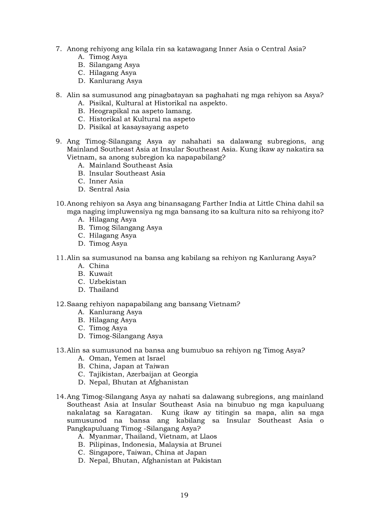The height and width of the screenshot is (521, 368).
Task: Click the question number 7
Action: coord(58,49)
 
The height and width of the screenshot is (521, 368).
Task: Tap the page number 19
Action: coord(184,495)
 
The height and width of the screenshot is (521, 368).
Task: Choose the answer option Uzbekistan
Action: coord(107,282)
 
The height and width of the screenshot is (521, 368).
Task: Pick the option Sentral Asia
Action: coord(109,189)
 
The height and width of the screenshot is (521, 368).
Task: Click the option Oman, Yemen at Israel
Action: coord(127,358)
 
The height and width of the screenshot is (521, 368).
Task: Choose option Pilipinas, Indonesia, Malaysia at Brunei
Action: coord(155,444)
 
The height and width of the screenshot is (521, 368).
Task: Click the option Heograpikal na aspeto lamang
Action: coord(140,111)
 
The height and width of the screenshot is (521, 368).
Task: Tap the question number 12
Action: coord(60,304)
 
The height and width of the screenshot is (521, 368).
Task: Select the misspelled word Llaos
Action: coord(208,436)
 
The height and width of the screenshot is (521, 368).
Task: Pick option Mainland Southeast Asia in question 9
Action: coord(131,165)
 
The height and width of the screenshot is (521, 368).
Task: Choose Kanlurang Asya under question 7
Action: coord(115,81)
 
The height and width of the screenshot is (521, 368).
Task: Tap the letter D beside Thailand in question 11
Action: coord(81,290)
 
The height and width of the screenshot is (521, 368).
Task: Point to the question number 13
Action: coord(60,350)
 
